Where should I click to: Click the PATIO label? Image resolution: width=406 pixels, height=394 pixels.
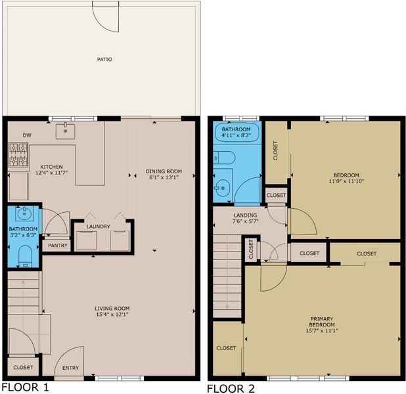104,59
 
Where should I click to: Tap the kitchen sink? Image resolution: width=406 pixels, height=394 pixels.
65,131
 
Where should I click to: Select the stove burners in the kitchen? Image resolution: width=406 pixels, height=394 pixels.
18,154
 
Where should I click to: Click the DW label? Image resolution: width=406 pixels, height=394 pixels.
27,135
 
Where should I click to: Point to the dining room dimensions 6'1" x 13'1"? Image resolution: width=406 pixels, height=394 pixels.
164,177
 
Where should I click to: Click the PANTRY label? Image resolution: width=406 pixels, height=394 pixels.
57,246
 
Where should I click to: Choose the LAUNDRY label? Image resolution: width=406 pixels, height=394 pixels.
98,227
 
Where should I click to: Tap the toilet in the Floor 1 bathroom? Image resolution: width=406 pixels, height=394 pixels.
25,256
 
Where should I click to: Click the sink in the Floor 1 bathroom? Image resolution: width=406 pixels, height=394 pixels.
24,213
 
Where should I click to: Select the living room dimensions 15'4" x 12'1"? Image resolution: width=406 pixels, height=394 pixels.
112,315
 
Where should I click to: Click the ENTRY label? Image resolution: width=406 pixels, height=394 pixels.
70,368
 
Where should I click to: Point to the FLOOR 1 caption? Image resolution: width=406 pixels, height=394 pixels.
25,387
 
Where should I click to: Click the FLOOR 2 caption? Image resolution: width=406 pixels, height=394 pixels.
231,389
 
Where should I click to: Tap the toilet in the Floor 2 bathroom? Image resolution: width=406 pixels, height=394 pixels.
224,158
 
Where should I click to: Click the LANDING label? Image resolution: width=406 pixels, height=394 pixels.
245,215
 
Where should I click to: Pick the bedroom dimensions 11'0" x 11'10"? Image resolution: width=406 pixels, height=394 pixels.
346,181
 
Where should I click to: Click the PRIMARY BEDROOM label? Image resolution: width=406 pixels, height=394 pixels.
322,322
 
